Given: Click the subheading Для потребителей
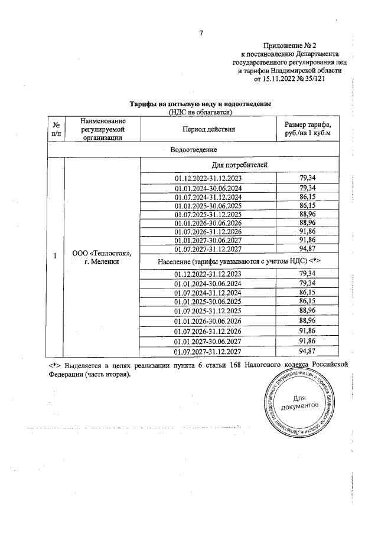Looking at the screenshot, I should click(x=239, y=165).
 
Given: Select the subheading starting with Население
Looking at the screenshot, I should click(x=239, y=260).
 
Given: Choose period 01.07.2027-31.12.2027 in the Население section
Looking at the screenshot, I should click(x=208, y=352).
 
